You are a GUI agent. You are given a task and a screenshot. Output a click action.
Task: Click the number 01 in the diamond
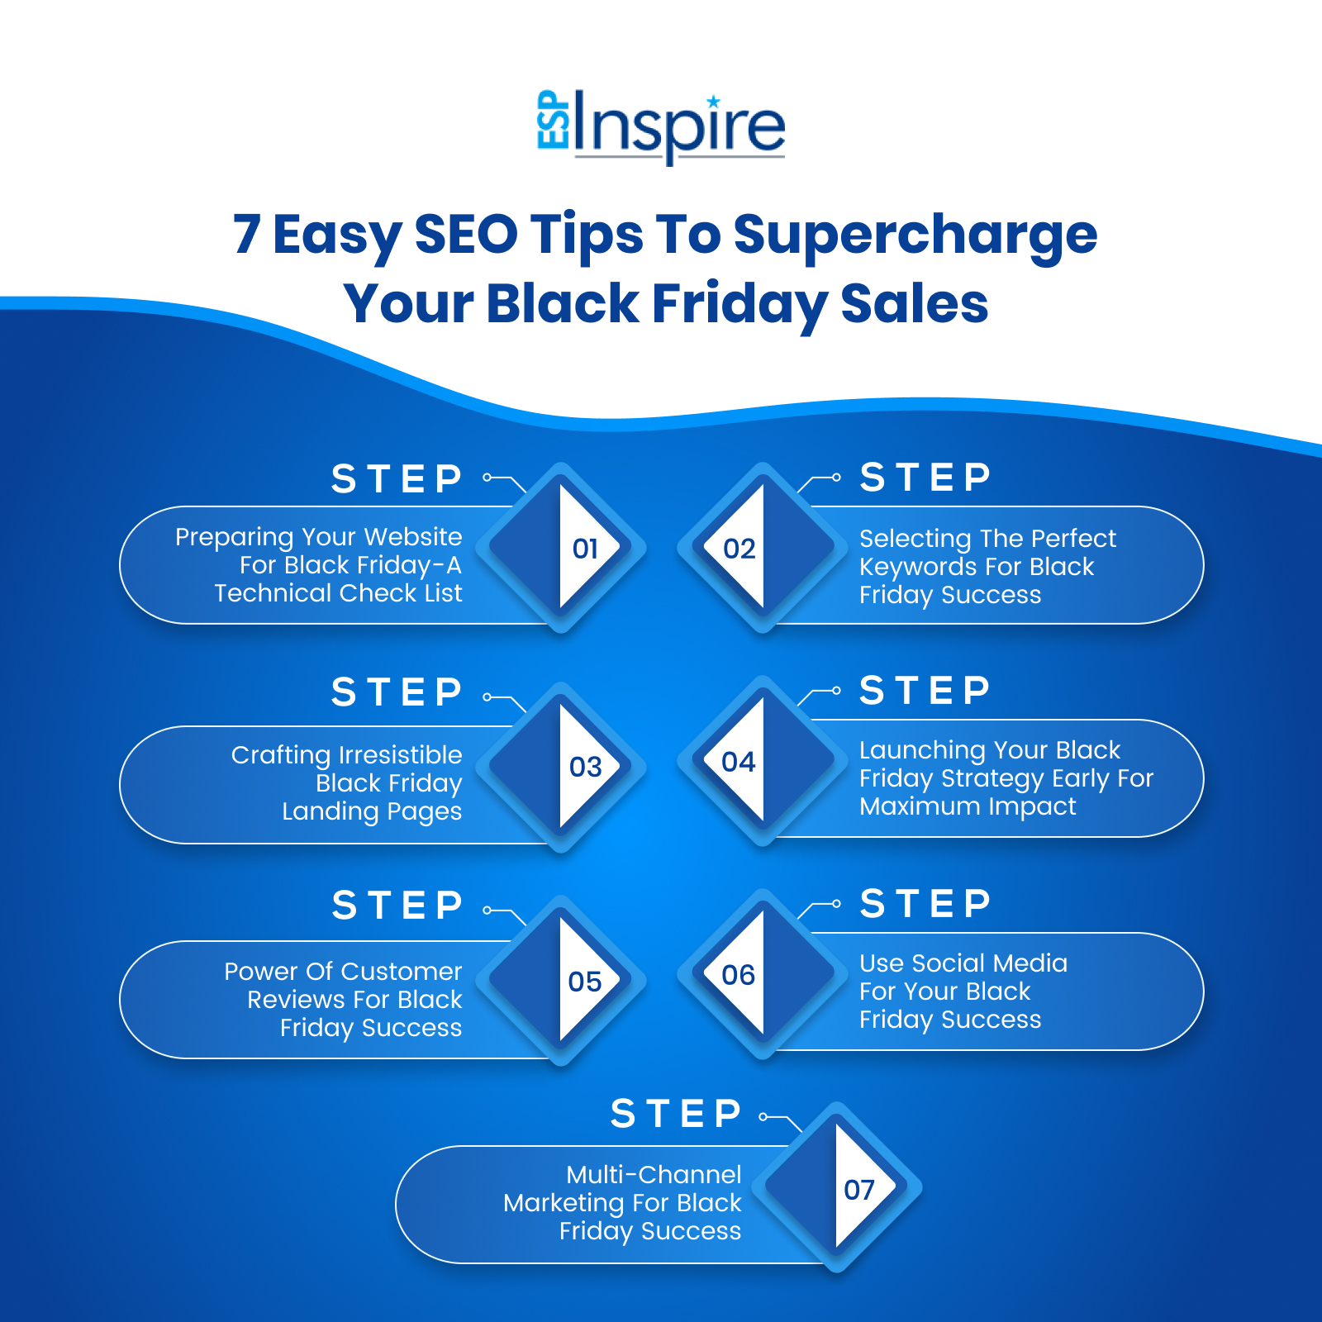(x=585, y=549)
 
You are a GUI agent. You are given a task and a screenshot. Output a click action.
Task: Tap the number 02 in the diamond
(x=739, y=549)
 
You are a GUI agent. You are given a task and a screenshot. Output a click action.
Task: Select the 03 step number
(x=585, y=767)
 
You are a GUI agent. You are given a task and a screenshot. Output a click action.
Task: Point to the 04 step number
(x=738, y=762)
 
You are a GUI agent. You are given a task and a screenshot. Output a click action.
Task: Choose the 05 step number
(x=584, y=982)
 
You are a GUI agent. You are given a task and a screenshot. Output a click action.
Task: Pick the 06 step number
(x=738, y=975)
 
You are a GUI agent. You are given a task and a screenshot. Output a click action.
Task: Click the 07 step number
(x=858, y=1190)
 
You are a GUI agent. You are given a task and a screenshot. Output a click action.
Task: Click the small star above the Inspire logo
(x=714, y=102)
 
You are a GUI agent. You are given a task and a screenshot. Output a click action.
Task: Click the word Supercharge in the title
(x=915, y=235)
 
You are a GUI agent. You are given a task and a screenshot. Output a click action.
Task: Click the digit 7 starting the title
(x=247, y=235)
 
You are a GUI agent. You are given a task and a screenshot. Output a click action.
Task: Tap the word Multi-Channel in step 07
(x=654, y=1175)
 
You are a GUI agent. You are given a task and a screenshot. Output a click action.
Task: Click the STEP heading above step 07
(x=676, y=1114)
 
